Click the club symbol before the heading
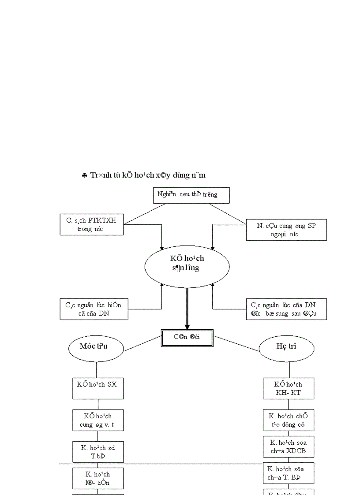coord(84,175)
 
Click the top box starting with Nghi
coord(191,195)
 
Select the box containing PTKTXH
coord(92,224)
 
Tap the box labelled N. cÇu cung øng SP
coord(286,230)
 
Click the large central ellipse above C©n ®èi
coord(187,264)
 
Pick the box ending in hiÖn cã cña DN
coord(94,309)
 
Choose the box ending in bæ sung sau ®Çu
coord(286,309)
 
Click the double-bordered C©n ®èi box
coord(187,338)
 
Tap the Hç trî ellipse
coord(286,347)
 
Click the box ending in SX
coord(98,388)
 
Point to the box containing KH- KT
coord(289,388)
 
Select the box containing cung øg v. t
coord(98,420)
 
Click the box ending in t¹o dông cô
coord(289,420)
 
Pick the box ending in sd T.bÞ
coord(98,452)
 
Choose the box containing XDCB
coord(289,447)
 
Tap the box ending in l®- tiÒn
coord(98,478)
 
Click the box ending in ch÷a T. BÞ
coord(289,473)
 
